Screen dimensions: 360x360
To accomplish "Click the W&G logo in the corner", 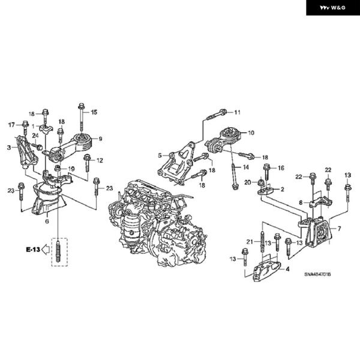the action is coord(332,8).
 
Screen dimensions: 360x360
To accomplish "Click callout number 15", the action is coord(94,112).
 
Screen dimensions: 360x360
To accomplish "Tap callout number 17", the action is coord(11,125).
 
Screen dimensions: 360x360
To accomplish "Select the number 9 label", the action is coord(100,139).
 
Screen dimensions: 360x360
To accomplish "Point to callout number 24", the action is coord(35,136).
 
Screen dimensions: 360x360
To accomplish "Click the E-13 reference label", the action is coord(33,250).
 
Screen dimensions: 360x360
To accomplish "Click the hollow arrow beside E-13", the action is coord(46,250).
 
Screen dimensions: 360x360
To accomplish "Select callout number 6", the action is coord(47,221).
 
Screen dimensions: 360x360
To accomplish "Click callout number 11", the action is coord(237,112).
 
